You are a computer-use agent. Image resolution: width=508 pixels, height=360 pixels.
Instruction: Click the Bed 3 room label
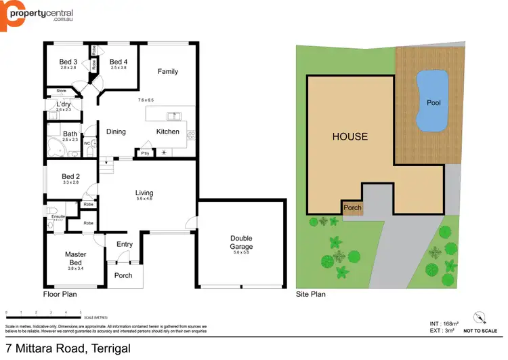coord(69,62)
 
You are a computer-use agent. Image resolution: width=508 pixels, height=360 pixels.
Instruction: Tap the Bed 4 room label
coord(119,62)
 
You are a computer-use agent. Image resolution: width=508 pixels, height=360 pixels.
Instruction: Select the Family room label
coord(168,71)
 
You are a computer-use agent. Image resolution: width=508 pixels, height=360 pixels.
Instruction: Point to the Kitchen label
coord(168,132)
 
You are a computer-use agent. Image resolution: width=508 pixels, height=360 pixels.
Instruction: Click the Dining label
coord(116,132)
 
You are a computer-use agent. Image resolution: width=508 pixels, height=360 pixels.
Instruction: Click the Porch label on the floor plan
coord(123,275)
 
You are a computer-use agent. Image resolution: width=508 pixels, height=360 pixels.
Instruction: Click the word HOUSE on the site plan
coord(350,136)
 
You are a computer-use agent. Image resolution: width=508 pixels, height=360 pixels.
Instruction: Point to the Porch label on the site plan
coord(352,208)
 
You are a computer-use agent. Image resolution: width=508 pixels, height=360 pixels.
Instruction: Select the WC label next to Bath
coord(87,144)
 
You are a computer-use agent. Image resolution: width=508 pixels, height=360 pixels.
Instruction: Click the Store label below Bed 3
coord(61,90)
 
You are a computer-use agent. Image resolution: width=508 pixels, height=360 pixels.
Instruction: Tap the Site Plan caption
coord(311,295)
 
